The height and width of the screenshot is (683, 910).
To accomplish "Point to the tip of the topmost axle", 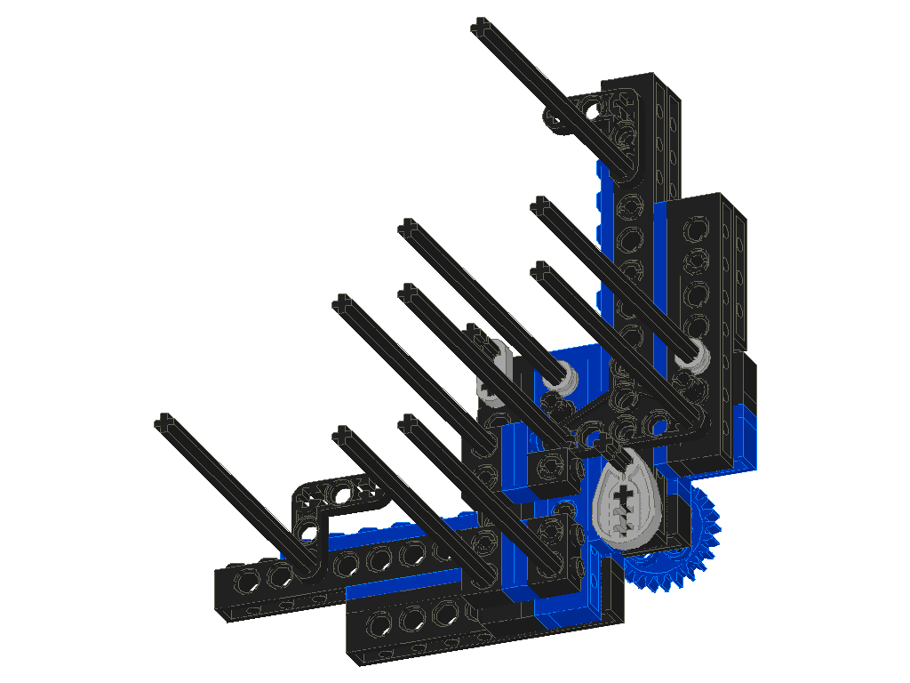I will coord(480,24).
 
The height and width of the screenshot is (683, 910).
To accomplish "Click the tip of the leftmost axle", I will coord(163,421).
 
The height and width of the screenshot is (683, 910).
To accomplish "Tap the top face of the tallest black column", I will coord(642,83).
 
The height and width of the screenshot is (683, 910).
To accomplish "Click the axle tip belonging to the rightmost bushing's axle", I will coord(538,205).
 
